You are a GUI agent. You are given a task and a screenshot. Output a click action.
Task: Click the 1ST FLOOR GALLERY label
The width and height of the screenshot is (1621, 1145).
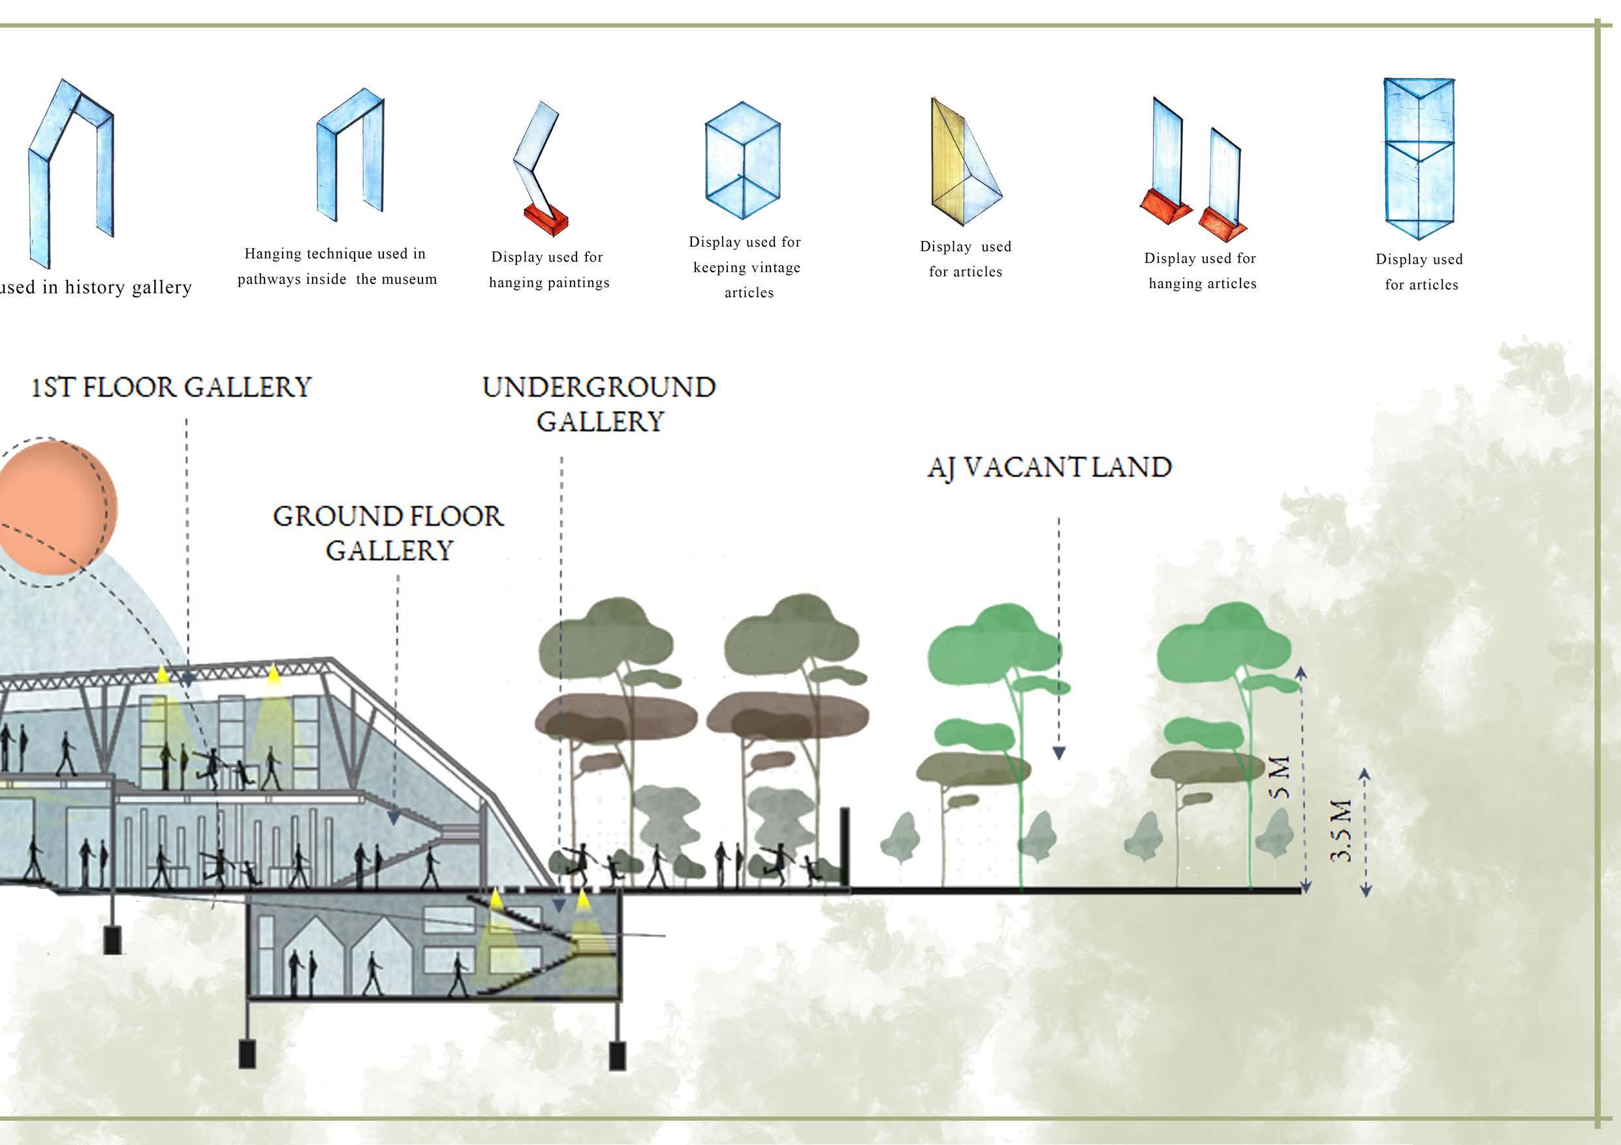pyautogui.click(x=171, y=388)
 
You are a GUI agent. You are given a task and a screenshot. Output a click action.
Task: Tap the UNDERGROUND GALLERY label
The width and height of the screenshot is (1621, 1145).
pyautogui.click(x=599, y=405)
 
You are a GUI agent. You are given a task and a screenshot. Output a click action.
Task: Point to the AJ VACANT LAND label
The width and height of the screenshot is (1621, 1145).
pyautogui.click(x=1049, y=468)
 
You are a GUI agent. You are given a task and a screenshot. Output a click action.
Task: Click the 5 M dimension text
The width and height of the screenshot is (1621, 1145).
pyautogui.click(x=1280, y=777)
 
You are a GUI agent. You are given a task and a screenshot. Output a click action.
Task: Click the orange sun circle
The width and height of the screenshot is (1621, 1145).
pyautogui.click(x=57, y=507)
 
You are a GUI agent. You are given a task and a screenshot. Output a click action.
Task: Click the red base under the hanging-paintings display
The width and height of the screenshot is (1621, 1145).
pyautogui.click(x=546, y=220)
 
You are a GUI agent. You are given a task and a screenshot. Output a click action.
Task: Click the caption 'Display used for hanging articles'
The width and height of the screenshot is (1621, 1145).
pyautogui.click(x=1201, y=271)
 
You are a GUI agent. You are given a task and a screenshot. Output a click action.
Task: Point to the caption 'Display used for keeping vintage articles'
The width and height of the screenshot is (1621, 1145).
pyautogui.click(x=746, y=268)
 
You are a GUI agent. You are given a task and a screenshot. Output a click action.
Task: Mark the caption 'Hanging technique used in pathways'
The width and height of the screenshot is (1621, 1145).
pyautogui.click(x=337, y=266)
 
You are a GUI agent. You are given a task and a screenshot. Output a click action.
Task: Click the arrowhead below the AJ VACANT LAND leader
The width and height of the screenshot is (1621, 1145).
pyautogui.click(x=1058, y=753)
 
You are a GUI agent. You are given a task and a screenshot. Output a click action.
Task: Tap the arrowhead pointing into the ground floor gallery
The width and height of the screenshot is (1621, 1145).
pyautogui.click(x=394, y=818)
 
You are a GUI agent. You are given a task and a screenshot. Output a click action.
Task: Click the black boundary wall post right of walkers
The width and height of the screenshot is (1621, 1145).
pyautogui.click(x=844, y=847)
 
